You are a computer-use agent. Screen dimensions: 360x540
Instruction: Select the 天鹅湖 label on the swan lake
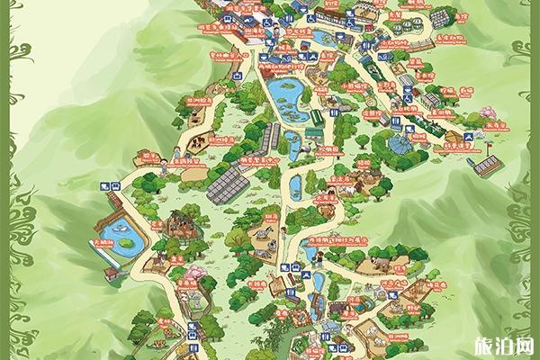coord(101,244)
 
